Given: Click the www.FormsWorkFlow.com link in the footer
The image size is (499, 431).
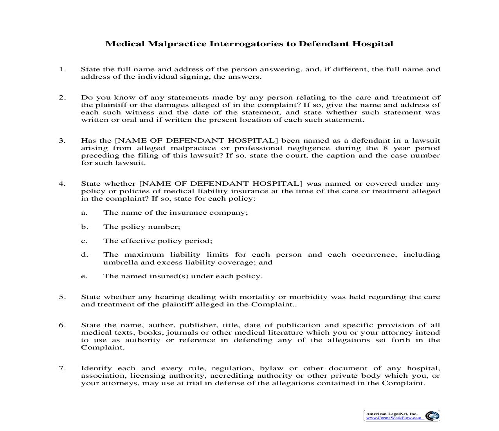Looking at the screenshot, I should click(394, 418).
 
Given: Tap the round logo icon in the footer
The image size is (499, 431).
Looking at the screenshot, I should click(432, 416).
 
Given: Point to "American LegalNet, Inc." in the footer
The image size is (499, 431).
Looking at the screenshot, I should click(392, 413).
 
